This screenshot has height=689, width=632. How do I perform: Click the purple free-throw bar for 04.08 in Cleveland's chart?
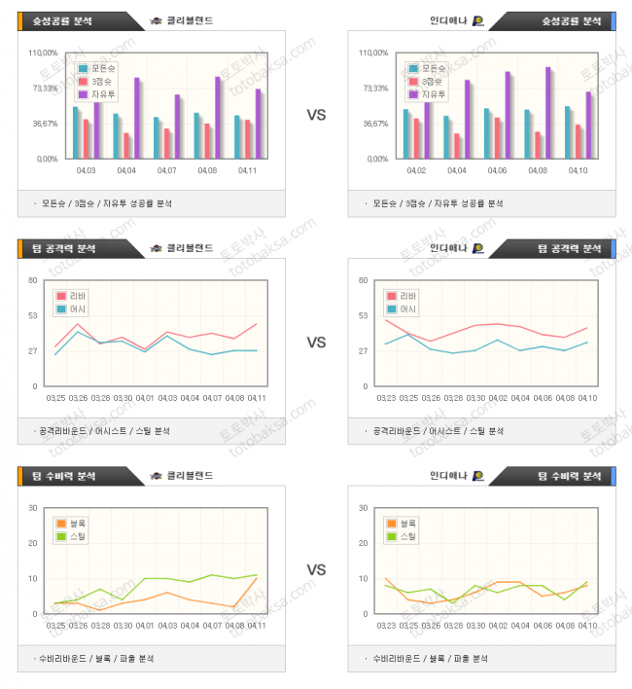click(218, 117)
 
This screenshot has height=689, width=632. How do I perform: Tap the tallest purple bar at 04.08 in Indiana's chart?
click(548, 112)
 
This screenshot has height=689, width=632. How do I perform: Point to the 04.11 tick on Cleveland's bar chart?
click(247, 170)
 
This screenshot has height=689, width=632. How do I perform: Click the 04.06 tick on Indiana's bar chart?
click(497, 170)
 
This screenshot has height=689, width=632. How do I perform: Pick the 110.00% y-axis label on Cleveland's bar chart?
click(45, 53)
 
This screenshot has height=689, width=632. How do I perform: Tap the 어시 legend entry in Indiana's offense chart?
click(402, 309)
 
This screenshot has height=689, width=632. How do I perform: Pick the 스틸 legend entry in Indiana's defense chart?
click(402, 536)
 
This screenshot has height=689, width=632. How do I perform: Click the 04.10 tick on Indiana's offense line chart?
click(586, 398)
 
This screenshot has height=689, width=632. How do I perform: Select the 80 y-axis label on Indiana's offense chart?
click(364, 280)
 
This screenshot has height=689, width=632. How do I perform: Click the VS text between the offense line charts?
click(316, 343)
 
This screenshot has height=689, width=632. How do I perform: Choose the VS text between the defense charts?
click(316, 569)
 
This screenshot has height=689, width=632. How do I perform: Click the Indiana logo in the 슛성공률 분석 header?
click(478, 20)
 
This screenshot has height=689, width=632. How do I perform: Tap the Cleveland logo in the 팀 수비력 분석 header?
click(156, 476)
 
